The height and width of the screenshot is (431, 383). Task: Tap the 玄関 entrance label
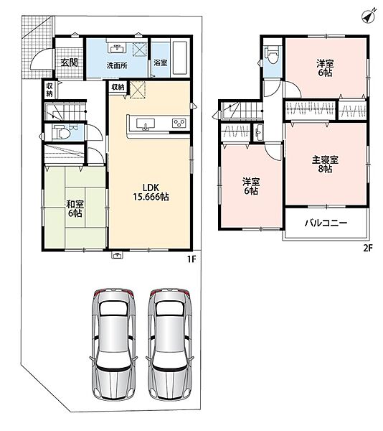69,62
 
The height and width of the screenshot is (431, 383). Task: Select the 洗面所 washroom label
117,65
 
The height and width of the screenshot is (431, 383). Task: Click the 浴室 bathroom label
160,62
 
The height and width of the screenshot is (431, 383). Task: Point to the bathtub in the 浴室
180,57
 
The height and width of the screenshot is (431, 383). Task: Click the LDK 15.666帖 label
151,192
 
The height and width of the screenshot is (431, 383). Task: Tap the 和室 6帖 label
75,208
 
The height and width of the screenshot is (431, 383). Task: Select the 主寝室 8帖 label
325,164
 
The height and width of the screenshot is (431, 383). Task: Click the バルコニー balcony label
326,223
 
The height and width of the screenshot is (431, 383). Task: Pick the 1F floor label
191,259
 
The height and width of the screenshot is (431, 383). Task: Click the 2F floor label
368,249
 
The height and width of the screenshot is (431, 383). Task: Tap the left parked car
113,344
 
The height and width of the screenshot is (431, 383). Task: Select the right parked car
169,344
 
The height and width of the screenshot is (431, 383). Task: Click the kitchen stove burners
179,123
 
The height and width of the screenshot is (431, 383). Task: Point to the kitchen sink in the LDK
145,124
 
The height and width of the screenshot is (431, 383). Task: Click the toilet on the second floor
272,56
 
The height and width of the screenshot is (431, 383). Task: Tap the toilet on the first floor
61,133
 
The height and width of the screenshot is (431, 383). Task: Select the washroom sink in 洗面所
118,48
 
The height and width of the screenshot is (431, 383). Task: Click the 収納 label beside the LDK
118,87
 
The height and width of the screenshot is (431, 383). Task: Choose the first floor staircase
65,111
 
